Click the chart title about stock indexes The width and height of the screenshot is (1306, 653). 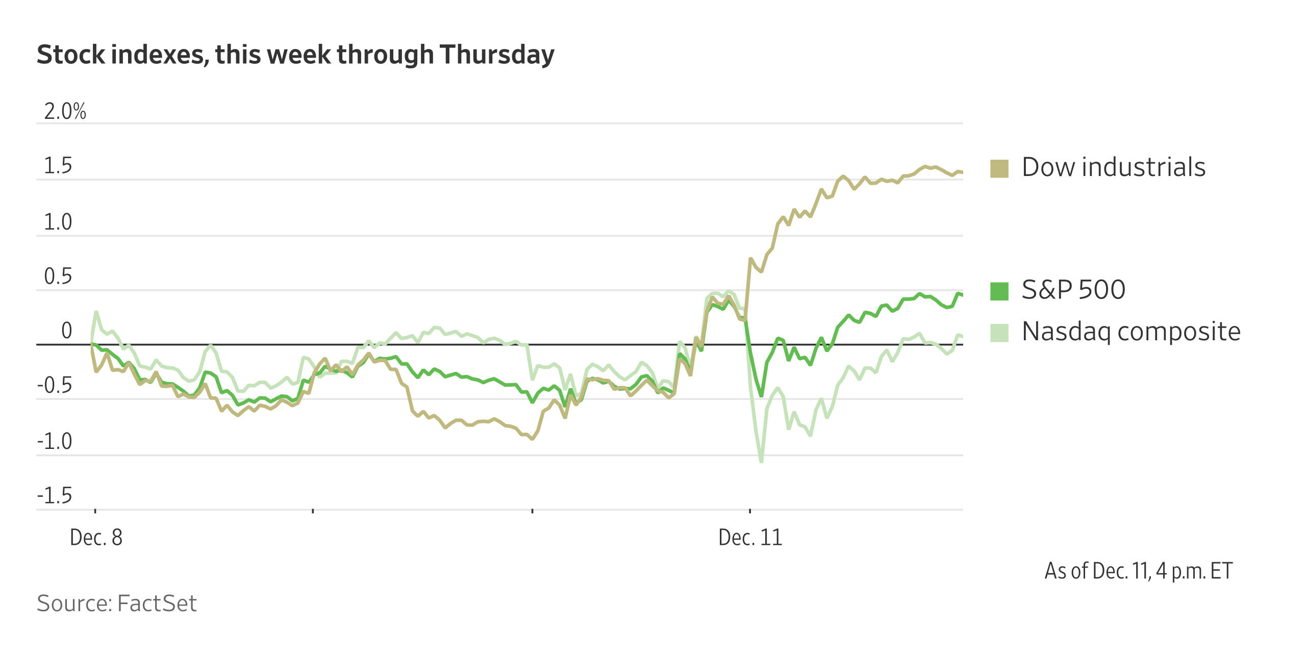[295, 55]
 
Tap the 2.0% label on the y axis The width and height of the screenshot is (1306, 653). [65, 111]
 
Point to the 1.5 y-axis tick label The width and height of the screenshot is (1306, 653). [58, 166]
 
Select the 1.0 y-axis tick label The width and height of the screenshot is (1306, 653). [58, 222]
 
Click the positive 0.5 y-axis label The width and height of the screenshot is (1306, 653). [58, 277]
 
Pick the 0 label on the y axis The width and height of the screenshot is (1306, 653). [66, 331]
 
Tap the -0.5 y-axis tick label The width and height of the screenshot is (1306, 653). [55, 386]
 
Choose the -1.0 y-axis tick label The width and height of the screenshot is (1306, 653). [55, 441]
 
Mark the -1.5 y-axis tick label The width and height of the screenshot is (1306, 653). [55, 496]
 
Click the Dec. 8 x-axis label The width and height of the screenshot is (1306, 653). [96, 538]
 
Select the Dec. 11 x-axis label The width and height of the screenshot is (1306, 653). [750, 538]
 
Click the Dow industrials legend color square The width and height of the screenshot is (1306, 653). [999, 168]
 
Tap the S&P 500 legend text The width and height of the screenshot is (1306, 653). [1073, 290]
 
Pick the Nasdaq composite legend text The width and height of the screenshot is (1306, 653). [1131, 332]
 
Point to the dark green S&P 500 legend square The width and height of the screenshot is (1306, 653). [999, 291]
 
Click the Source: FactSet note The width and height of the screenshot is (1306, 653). [117, 604]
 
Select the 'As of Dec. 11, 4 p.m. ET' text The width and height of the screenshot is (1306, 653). [1138, 571]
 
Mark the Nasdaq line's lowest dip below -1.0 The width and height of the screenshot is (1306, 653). [761, 461]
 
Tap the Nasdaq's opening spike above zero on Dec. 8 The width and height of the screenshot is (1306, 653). [96, 312]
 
